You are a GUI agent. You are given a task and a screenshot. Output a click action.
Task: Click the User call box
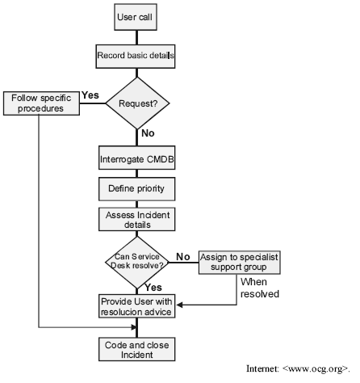click(x=136, y=17)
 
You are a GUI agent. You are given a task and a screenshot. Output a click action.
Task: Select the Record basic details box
click(x=136, y=57)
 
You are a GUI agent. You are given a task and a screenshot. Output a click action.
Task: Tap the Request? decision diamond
click(x=137, y=103)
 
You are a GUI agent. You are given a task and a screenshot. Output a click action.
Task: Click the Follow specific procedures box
click(x=41, y=103)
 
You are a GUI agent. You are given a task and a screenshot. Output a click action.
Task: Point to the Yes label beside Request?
click(x=90, y=95)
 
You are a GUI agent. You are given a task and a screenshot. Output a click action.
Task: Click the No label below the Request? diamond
click(x=148, y=133)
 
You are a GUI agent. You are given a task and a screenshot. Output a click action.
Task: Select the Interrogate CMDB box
click(x=137, y=158)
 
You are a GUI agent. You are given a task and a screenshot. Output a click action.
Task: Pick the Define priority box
click(x=137, y=189)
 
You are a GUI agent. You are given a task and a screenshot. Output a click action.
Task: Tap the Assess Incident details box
click(x=137, y=219)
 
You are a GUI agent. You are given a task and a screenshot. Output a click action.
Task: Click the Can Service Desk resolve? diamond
click(x=137, y=263)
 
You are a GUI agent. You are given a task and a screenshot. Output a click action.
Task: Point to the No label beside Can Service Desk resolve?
click(x=183, y=257)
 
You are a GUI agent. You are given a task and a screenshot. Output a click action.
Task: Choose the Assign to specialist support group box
click(x=240, y=263)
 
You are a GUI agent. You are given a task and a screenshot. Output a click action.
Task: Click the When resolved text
click(x=260, y=288)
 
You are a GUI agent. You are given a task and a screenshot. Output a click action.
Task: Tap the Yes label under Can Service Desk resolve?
click(x=153, y=288)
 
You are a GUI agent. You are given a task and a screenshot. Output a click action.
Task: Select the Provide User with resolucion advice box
click(x=137, y=306)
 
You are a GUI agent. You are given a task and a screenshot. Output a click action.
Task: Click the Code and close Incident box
click(x=137, y=349)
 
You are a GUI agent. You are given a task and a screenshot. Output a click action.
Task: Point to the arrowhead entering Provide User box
click(x=179, y=305)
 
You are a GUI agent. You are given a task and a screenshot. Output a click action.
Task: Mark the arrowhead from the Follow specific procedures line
click(x=134, y=327)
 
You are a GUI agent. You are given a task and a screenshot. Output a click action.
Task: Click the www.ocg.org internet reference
click(x=298, y=368)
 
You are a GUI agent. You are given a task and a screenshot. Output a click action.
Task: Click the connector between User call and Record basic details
click(x=136, y=37)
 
